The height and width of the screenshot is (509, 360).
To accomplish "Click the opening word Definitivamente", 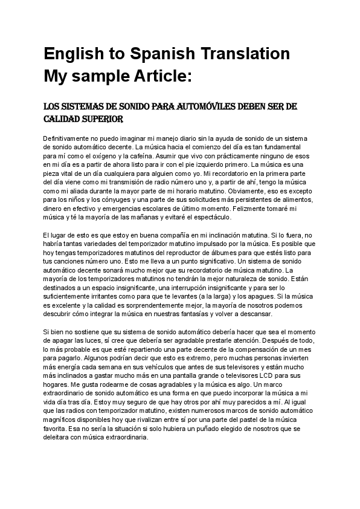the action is [x=71, y=138].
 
